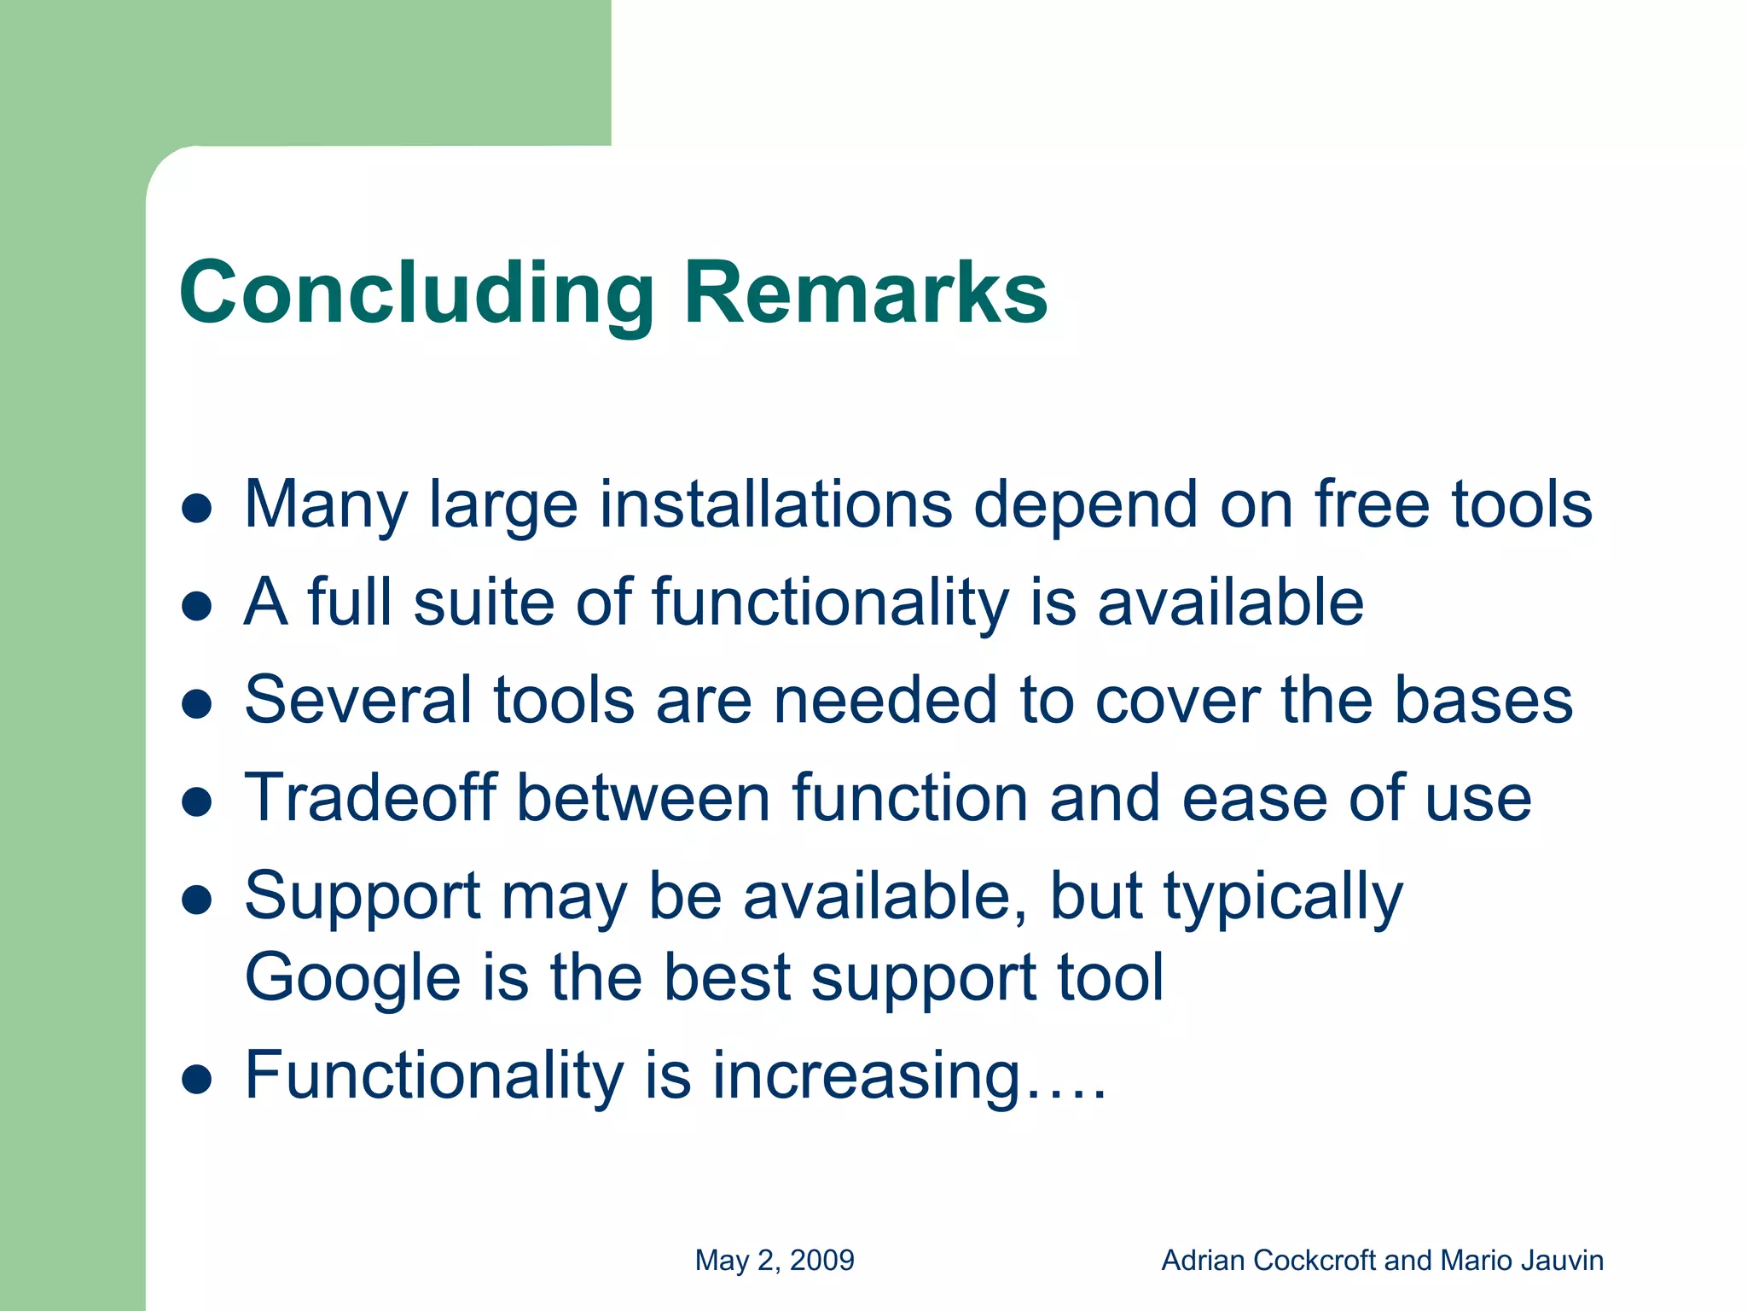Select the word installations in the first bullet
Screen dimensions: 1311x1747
[775, 504]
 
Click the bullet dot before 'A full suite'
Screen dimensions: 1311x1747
[197, 606]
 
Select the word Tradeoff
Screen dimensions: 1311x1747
[370, 798]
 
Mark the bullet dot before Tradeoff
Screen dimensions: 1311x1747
[197, 802]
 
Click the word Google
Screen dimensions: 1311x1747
[352, 978]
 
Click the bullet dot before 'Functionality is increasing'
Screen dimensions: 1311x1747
[197, 1079]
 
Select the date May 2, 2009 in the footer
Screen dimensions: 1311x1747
[775, 1261]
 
